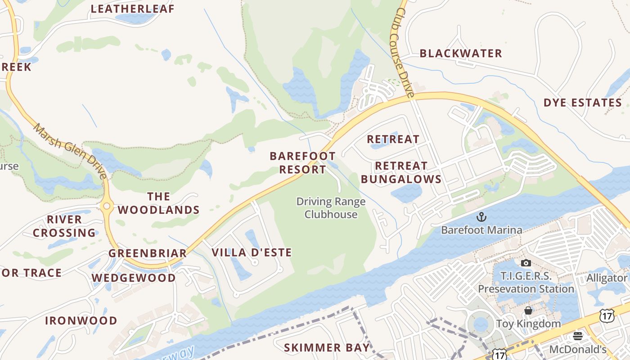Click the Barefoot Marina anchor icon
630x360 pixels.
click(x=481, y=217)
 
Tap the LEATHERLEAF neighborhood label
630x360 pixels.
click(x=132, y=9)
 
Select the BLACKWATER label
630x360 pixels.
click(x=461, y=54)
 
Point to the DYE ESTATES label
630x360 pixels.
click(x=583, y=103)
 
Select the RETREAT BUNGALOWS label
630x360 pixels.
click(x=401, y=173)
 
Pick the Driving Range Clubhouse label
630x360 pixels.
click(x=331, y=208)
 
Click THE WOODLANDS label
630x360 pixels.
click(x=158, y=203)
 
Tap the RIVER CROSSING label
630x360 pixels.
click(x=64, y=226)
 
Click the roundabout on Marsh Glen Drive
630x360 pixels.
click(x=107, y=207)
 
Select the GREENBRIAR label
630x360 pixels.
click(x=148, y=253)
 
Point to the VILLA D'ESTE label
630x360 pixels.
click(x=252, y=252)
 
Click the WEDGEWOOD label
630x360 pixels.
click(x=134, y=278)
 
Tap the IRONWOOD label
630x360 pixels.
click(x=81, y=321)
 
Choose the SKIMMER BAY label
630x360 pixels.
click(x=327, y=348)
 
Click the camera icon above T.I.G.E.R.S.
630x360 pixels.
click(x=526, y=263)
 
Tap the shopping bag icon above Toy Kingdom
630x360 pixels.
click(x=528, y=311)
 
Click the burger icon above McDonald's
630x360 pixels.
click(x=578, y=336)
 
